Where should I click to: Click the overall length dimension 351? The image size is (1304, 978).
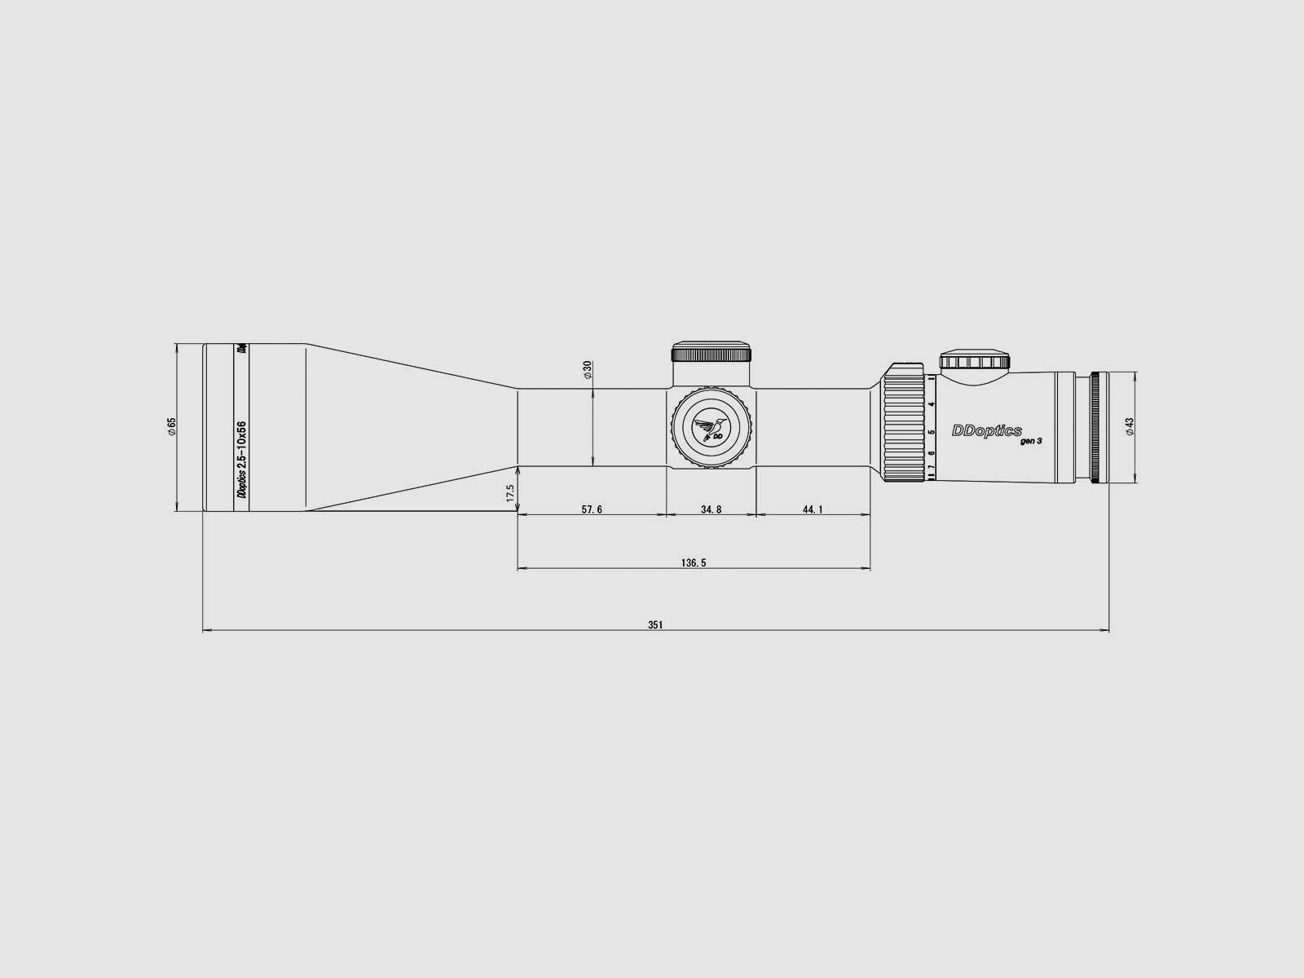[655, 625]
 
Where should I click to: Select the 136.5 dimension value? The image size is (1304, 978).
[694, 562]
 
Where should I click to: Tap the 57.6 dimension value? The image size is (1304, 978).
[592, 509]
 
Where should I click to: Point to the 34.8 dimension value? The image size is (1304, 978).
[711, 509]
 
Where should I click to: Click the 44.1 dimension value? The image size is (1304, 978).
[813, 509]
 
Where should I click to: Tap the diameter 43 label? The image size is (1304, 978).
[1130, 427]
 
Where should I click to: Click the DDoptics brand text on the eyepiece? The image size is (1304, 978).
[987, 431]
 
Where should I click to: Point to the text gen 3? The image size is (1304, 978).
[1030, 441]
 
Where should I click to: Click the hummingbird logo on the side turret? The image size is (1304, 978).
[711, 428]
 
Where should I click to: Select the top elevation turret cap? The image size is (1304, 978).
[711, 352]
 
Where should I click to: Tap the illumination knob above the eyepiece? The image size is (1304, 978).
[975, 362]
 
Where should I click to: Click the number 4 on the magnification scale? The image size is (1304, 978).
[931, 403]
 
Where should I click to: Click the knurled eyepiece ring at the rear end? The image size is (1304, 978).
[1099, 428]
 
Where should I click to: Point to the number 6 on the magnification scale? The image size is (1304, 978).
[931, 453]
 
